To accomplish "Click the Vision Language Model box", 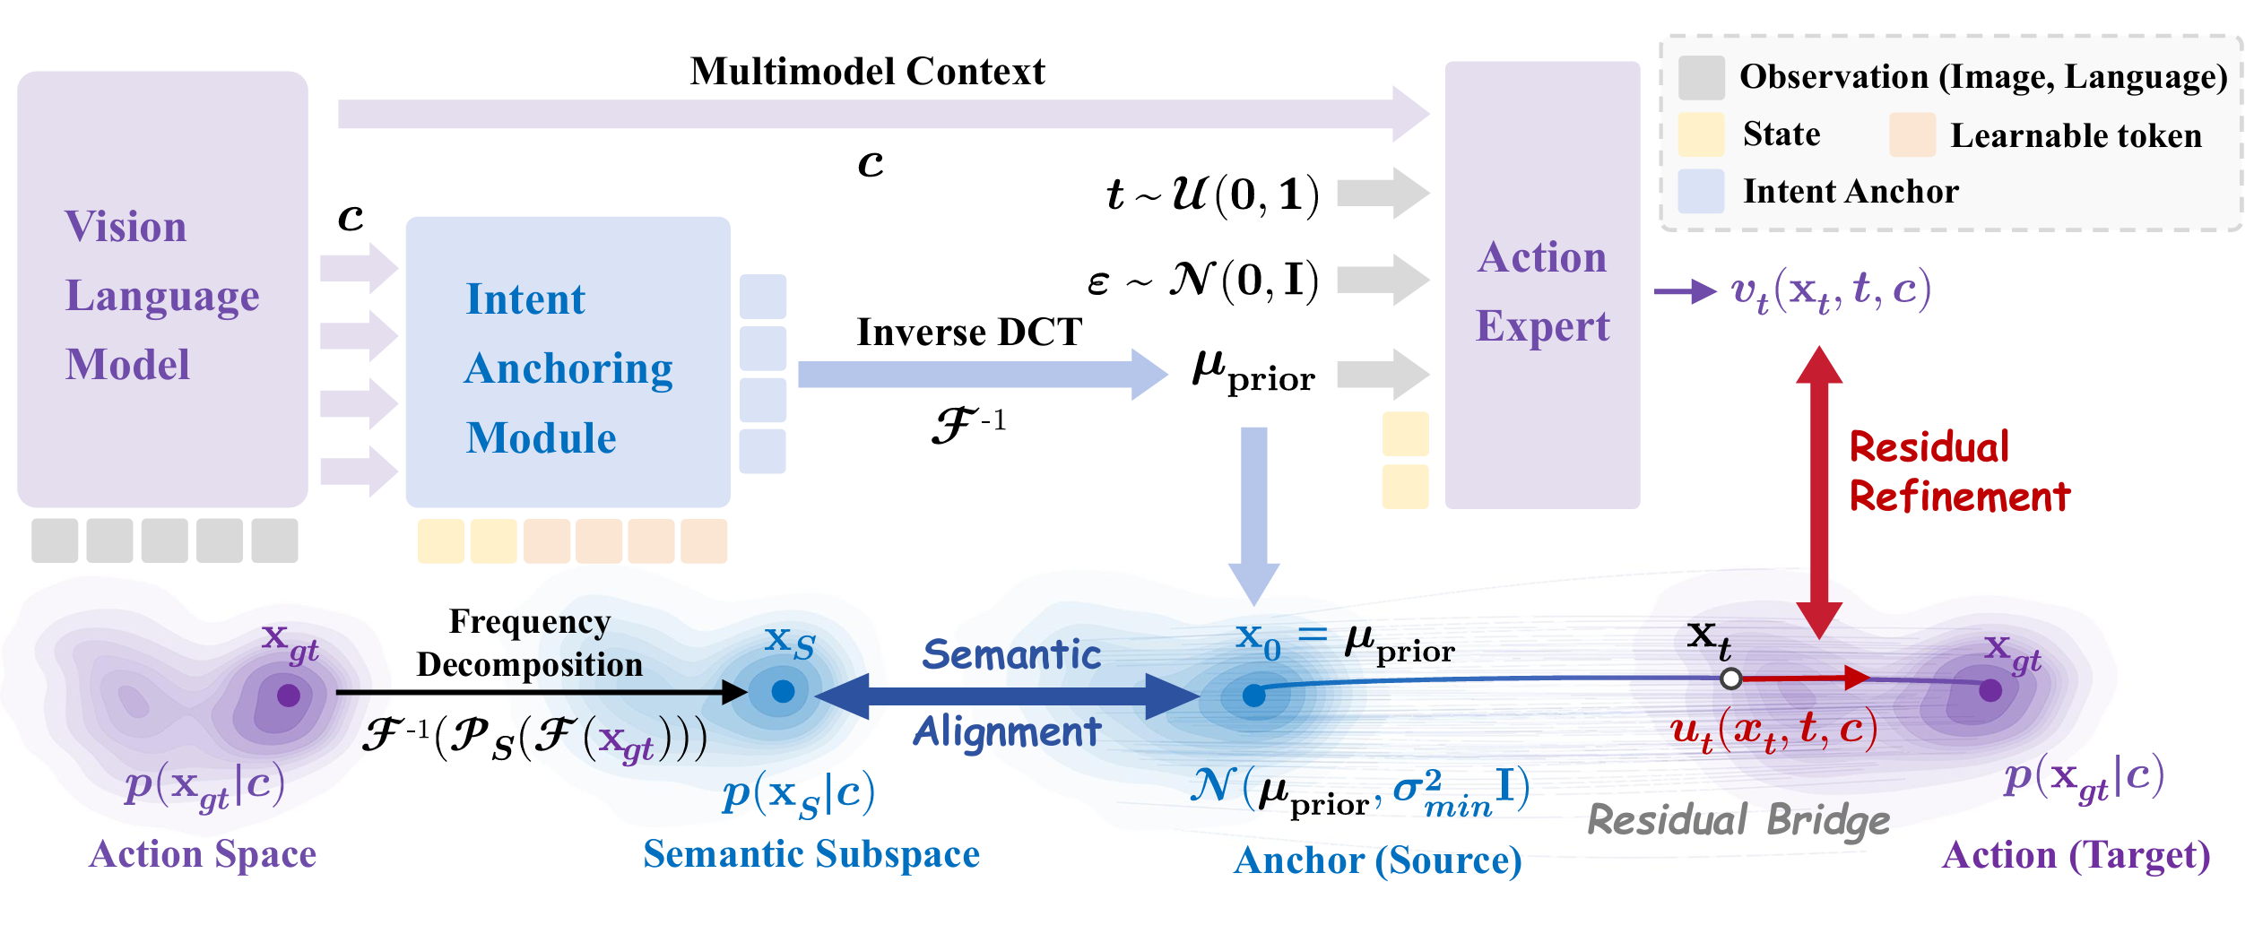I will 162,289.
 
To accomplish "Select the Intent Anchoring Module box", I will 568,361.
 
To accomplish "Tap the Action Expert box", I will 1542,285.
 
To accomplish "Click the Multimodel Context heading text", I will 867,72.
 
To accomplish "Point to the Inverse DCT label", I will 969,333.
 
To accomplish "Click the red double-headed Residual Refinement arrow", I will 1819,492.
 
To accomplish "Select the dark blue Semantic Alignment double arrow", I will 1008,695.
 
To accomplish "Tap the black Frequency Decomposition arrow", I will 538,692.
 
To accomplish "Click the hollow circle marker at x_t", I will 1731,679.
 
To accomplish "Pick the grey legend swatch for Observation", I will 1701,77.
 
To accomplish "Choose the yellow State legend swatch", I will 1701,134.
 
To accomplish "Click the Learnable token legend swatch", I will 1912,134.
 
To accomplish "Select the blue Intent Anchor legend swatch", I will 1701,191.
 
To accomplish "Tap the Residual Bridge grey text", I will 1738,820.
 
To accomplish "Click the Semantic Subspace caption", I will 811,854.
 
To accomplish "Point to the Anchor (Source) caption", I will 1377,860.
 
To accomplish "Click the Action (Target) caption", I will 2076,855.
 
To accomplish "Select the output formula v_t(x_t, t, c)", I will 1830,291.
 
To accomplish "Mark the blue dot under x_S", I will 783,691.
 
